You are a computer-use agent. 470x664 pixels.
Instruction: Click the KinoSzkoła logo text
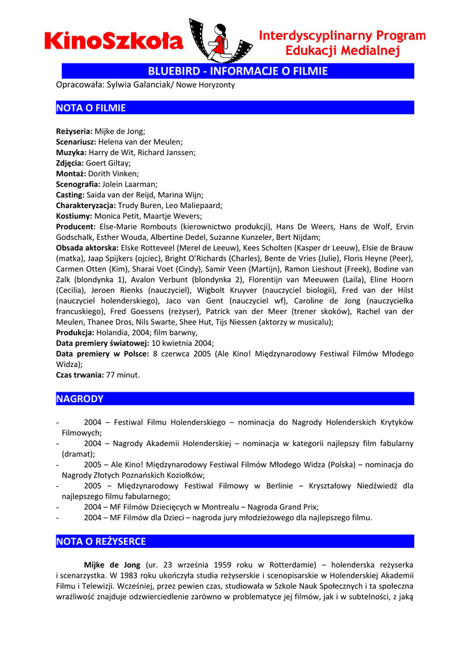[x=114, y=41]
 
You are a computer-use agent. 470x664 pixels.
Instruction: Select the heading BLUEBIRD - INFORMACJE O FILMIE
[x=238, y=71]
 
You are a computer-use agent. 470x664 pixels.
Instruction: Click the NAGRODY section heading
[x=80, y=399]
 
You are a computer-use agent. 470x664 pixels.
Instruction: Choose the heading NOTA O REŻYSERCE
[x=101, y=541]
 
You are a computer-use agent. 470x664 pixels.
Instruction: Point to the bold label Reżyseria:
[x=74, y=131]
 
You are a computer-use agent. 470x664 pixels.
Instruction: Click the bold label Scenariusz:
[x=76, y=141]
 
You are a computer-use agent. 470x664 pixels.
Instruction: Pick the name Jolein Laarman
[x=132, y=184]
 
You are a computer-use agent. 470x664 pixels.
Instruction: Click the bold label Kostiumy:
[x=74, y=216]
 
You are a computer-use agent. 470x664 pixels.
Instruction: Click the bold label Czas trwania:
[x=80, y=375]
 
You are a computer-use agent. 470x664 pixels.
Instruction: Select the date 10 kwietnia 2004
[x=182, y=343]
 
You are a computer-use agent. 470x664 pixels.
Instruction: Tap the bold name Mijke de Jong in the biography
[x=112, y=565]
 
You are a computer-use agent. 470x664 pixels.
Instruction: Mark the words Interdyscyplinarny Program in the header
[x=343, y=36]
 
